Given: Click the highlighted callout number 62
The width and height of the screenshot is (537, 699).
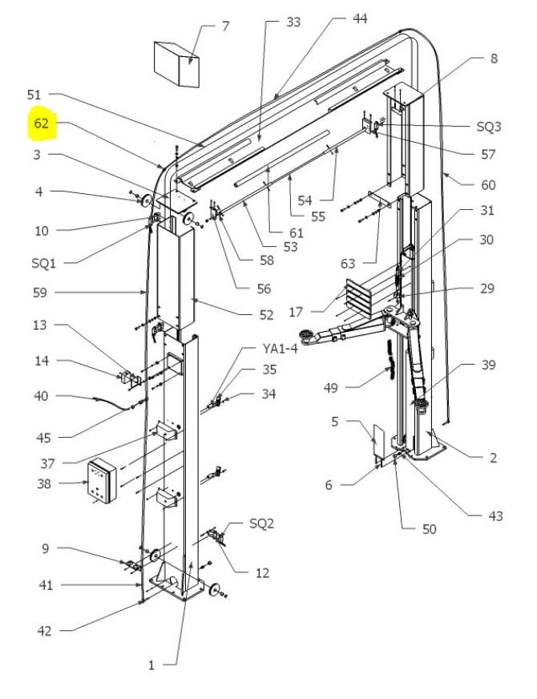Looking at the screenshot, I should point(42,124).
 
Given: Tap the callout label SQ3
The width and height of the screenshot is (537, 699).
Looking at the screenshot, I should point(488,127).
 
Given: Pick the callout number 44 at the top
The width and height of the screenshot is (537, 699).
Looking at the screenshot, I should point(360,18).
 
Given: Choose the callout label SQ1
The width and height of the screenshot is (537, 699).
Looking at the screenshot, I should point(36,262).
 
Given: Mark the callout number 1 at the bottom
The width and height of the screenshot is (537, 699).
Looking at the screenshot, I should point(151,665).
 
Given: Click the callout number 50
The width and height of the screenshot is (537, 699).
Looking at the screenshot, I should point(430,528).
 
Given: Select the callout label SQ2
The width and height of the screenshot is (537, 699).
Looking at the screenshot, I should point(262,523).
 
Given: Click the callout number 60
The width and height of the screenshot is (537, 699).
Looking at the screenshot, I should point(488,184).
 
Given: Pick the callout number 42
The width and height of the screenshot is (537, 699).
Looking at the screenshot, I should point(46,631).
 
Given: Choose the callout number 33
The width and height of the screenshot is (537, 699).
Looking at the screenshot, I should point(293,22).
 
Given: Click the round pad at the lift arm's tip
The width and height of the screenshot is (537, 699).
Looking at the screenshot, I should point(305,334).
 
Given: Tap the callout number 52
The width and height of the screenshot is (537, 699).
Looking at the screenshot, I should point(266,315).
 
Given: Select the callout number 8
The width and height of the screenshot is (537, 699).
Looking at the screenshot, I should point(494,58).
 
